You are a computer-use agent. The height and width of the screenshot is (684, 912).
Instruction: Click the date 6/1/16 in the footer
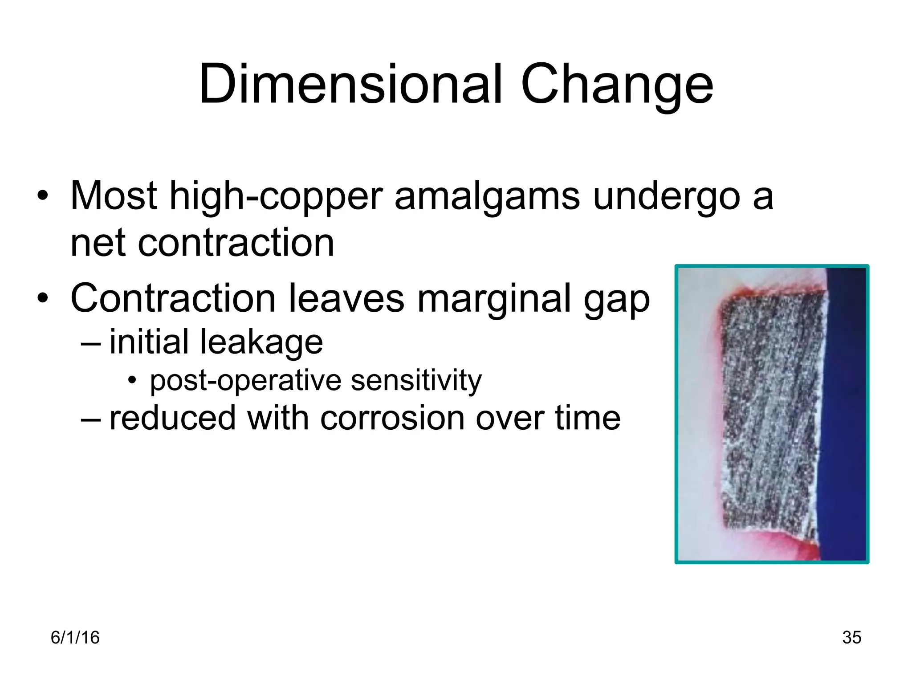click(x=75, y=638)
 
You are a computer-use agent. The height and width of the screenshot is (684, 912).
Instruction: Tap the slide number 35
click(x=851, y=638)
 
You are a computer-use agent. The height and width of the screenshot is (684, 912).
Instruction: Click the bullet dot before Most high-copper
click(x=42, y=196)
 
